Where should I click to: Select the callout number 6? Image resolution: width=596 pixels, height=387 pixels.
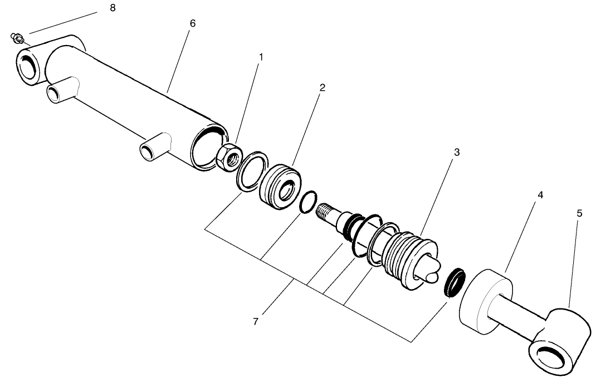tap(193, 24)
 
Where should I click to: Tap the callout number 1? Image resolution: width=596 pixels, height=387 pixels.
tap(261, 57)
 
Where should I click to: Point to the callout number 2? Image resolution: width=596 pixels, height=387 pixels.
tap(323, 87)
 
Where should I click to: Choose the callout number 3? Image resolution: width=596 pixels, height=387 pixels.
tap(456, 151)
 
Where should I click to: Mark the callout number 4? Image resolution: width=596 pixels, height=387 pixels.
tap(540, 195)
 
